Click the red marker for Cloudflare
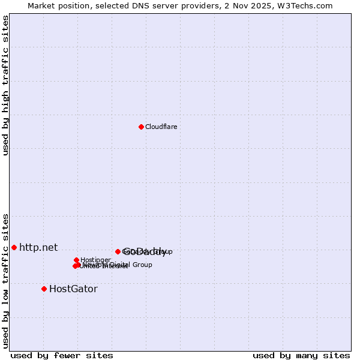(x=141, y=127)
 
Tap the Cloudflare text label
(x=161, y=127)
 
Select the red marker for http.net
(x=14, y=247)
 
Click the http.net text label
(x=38, y=247)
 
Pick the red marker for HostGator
(x=44, y=289)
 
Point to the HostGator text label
(x=73, y=289)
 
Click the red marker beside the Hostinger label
(x=76, y=260)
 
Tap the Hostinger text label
(x=95, y=260)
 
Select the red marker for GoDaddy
(x=118, y=251)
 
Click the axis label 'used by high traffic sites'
(x=5, y=85)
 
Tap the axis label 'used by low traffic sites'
(x=5, y=281)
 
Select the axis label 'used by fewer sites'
(x=62, y=356)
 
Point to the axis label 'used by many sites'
(x=301, y=356)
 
